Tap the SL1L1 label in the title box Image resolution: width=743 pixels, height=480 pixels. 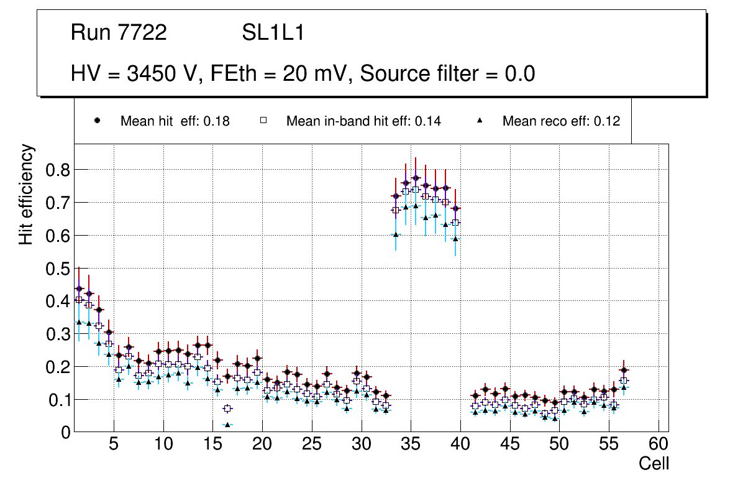pos(273,33)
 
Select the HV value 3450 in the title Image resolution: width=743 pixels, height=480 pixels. pos(148,74)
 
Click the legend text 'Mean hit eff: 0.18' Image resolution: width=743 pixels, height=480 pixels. pos(175,121)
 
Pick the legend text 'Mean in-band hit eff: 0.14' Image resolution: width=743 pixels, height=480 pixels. pos(363,121)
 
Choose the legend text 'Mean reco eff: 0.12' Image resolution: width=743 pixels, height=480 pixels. pos(561,121)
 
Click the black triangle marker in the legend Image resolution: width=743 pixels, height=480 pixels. pos(480,121)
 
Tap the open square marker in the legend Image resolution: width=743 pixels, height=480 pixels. pos(263,121)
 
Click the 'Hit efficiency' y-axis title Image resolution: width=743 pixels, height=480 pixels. pos(26,194)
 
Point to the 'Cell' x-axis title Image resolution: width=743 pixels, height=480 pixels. pos(654,464)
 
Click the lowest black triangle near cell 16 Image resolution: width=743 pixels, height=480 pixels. pos(227,425)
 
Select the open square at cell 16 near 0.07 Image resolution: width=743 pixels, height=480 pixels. pos(227,408)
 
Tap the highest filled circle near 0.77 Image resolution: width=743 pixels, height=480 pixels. pos(416,178)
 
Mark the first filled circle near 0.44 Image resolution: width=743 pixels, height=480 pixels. pos(79,288)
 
